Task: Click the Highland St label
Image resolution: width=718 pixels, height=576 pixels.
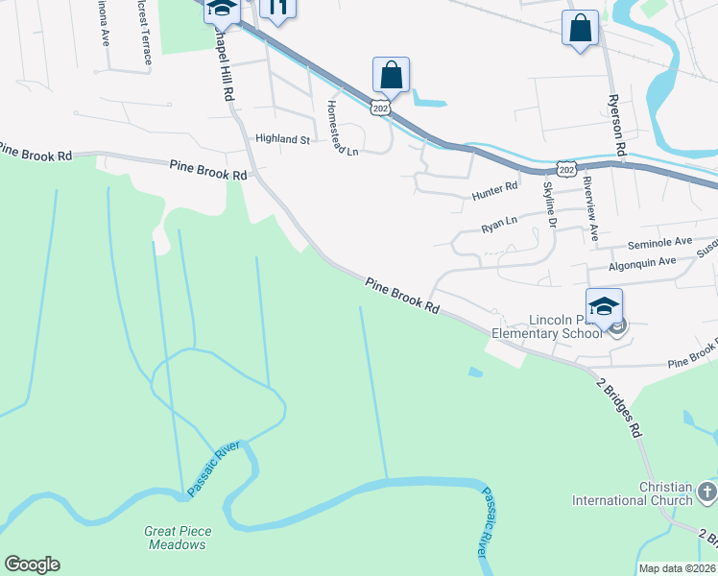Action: point(282,139)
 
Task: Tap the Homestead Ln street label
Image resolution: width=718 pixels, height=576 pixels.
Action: point(343,128)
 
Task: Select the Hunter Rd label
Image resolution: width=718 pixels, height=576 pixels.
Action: point(495,196)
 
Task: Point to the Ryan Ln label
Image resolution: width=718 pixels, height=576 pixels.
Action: point(499,227)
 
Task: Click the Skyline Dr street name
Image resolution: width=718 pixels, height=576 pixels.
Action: point(551,204)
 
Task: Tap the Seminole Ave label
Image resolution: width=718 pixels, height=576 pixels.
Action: point(659,243)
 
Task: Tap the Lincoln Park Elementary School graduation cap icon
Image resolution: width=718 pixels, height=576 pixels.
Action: point(605,307)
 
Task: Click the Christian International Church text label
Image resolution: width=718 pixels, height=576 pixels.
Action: point(633,493)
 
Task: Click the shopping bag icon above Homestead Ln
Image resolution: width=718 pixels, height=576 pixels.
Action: point(392,74)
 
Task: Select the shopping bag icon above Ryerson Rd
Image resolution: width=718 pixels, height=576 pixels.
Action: point(581,28)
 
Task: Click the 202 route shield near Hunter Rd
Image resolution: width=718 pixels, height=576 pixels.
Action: point(566,170)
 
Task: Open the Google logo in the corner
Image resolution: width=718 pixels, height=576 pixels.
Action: point(32,564)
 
